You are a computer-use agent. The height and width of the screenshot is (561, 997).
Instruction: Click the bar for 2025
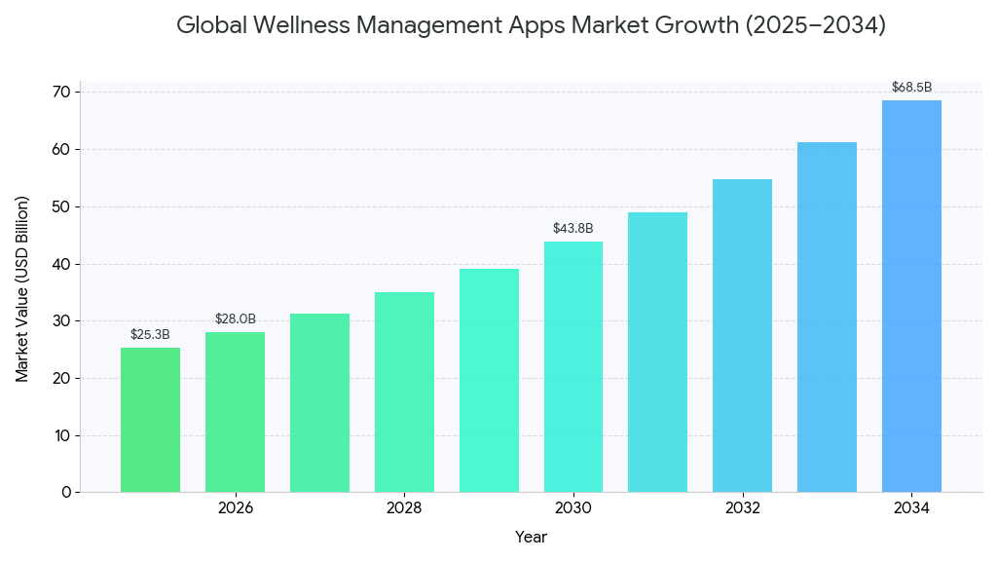coord(150,420)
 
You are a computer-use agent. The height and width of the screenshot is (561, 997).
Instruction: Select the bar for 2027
coord(319,402)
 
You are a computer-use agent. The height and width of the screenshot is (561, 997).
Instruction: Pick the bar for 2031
coord(657,352)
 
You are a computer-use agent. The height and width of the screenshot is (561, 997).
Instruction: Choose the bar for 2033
coord(827,317)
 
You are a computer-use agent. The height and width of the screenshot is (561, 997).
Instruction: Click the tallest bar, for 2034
coord(911,296)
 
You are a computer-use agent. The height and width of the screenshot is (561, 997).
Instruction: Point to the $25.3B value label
coord(150,335)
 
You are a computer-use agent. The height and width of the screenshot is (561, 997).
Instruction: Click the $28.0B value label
coord(235,319)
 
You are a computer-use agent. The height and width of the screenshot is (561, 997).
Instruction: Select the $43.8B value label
coord(572,229)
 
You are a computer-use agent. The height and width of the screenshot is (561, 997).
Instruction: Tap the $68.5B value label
coord(911,88)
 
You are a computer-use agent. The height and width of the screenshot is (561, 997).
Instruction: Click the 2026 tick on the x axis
coord(235,508)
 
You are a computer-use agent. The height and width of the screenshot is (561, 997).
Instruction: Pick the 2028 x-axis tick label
coord(404,508)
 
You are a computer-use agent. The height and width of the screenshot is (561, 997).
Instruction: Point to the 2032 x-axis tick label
coord(742,508)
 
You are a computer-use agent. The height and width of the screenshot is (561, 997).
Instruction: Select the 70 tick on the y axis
coord(61,93)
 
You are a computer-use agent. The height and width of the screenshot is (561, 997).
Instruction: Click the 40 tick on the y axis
coord(61,264)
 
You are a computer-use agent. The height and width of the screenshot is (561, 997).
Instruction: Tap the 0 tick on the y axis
coord(66,493)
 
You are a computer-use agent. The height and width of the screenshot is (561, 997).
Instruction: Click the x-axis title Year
coord(531,537)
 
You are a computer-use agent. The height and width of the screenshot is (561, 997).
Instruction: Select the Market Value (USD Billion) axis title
coord(22,289)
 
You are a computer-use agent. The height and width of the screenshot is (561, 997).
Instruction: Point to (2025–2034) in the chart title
coord(815,26)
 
